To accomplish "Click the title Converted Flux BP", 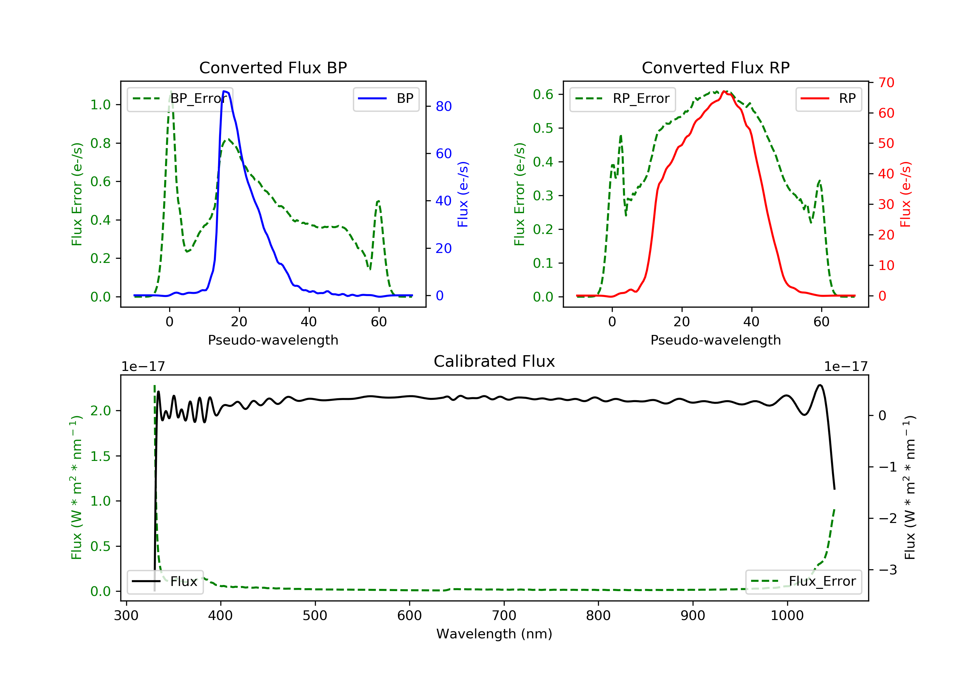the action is [273, 67].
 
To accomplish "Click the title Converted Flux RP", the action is [715, 67].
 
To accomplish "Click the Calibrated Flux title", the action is [494, 361].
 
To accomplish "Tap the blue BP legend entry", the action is [386, 99].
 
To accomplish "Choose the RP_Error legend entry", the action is [623, 99].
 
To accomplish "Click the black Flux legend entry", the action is [165, 582].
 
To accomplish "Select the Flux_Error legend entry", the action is [804, 582].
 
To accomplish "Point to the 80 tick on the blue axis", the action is [443, 107].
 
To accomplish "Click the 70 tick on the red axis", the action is [886, 83].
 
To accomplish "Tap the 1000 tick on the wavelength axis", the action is [787, 616].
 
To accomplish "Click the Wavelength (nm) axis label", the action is [494, 634].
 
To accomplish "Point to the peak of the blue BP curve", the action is [225, 91].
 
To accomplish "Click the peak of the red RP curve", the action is [724, 92].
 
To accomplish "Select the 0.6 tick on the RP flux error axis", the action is [543, 94].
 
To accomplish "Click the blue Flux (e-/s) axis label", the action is [463, 194].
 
